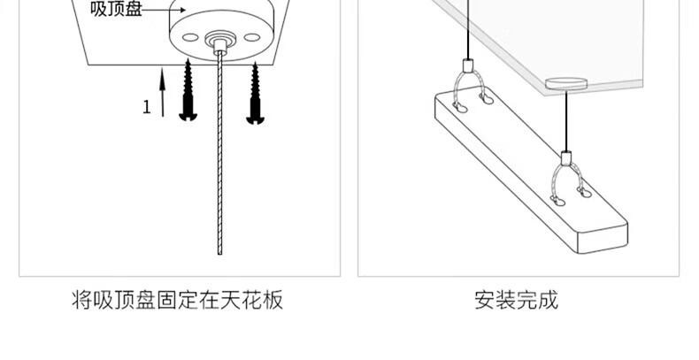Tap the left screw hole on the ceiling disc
click(188, 36)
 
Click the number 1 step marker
click(147, 108)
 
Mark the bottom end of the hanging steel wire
click(217, 251)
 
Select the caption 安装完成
click(517, 301)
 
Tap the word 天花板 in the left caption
click(261, 301)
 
